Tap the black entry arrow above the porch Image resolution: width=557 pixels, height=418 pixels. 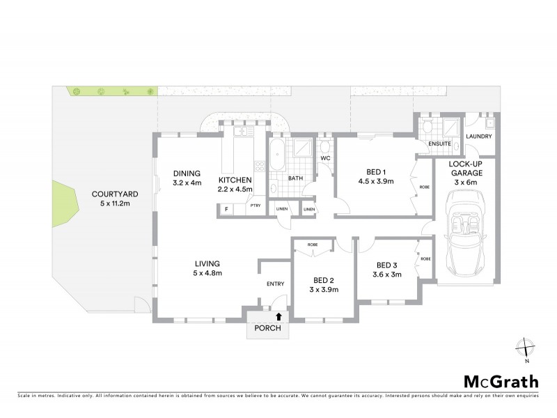pos(279,316)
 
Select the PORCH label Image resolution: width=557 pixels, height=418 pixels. pos(268,330)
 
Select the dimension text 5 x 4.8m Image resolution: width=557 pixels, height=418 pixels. pos(208,273)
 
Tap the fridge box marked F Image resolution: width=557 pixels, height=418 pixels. pos(226,208)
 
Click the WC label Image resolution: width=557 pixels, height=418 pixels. pos(325,158)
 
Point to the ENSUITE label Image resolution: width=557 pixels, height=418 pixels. pos(441,144)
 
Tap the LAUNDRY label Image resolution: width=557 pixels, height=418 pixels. pos(480,137)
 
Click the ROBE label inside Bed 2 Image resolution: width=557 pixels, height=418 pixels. pos(312,244)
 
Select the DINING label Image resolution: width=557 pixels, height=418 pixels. pos(187,173)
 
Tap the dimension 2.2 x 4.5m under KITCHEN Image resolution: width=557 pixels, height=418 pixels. pos(235,189)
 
